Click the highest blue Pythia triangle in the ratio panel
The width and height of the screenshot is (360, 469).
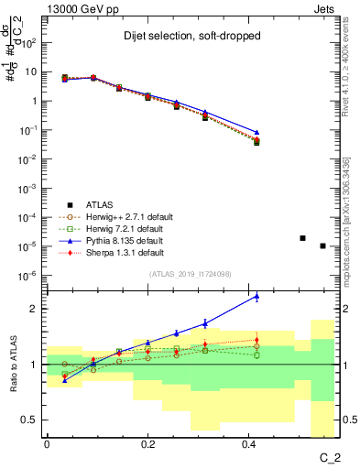256,297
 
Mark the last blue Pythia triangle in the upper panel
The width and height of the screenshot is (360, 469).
256,133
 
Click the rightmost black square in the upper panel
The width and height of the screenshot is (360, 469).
322,245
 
